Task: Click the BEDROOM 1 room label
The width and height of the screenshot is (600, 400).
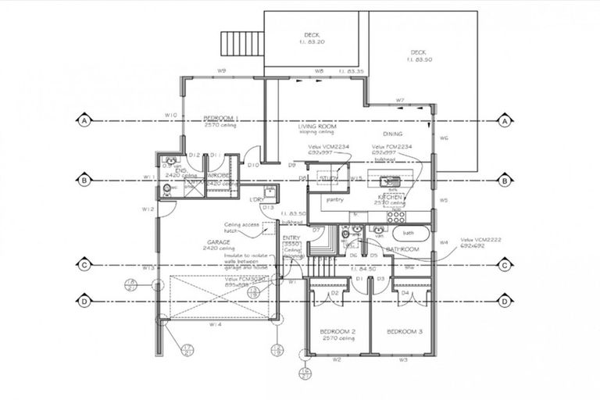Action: pos(220,118)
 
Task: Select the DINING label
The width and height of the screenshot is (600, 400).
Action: pos(392,134)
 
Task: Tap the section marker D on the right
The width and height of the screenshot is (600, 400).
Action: pos(505,300)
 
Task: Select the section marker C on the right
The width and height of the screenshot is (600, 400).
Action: pos(505,266)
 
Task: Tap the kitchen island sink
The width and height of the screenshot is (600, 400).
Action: pos(393,181)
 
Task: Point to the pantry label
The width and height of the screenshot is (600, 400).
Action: pos(335,199)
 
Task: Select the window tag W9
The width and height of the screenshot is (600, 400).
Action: pos(222,71)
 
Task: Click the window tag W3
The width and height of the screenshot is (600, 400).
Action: pos(404,360)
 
